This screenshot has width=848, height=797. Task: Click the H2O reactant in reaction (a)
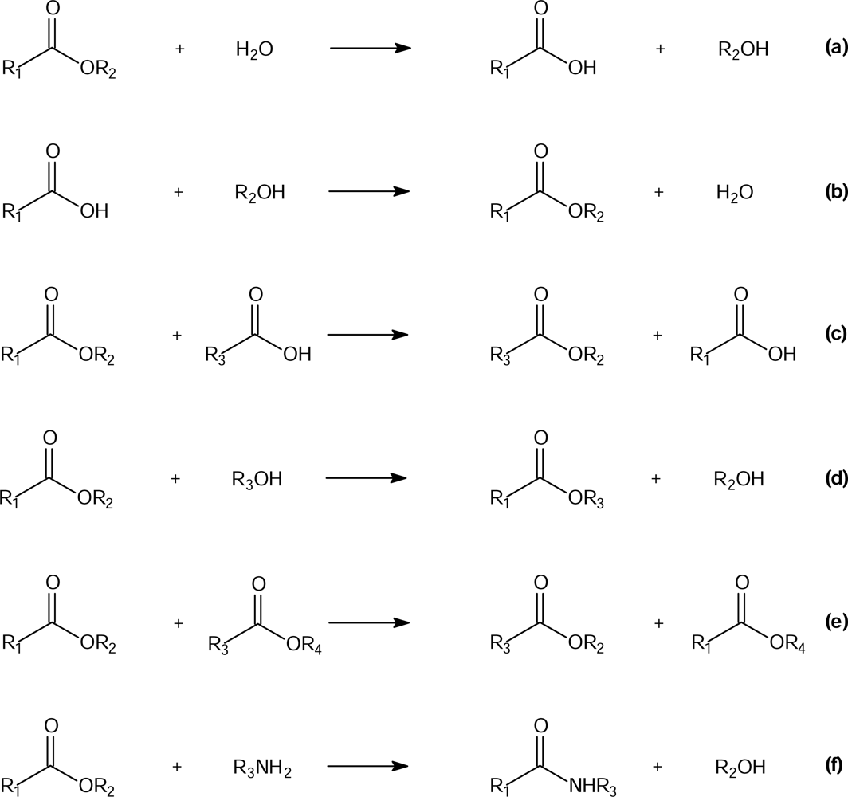(x=254, y=50)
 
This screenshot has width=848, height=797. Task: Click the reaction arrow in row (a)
(x=370, y=49)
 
